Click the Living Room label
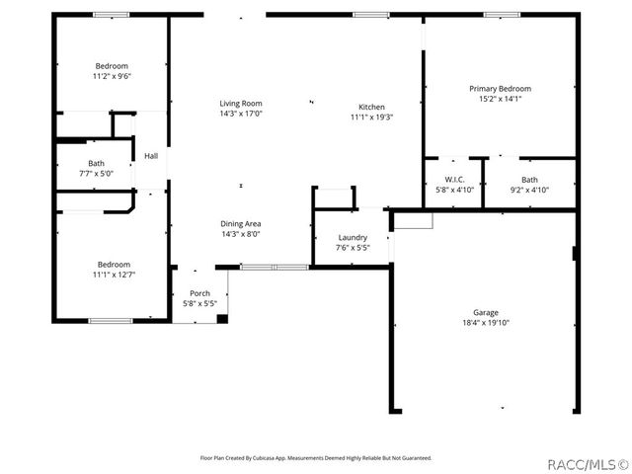click(240, 103)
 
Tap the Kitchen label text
click(371, 107)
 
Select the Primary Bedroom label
click(500, 88)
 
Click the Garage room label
click(485, 311)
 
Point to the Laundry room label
click(353, 237)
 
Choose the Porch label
click(199, 293)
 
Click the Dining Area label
click(240, 224)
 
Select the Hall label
click(151, 156)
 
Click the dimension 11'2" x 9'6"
click(112, 76)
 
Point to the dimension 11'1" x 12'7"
click(114, 275)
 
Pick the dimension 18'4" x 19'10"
click(485, 322)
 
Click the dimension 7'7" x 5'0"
click(96, 174)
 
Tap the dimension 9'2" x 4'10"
click(529, 190)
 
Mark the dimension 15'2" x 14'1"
click(500, 99)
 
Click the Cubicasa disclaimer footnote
click(316, 458)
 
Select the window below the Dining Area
click(261, 266)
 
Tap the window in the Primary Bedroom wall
click(502, 14)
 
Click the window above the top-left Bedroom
click(110, 14)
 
